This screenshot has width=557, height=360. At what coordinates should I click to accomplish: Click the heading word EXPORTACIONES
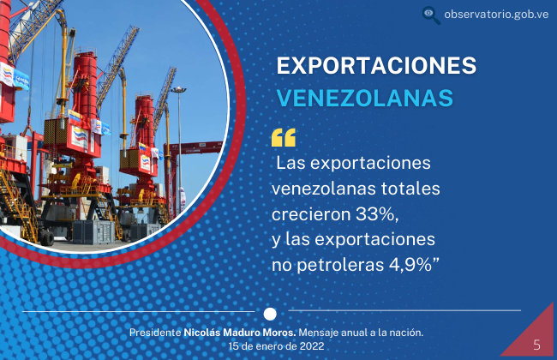[376, 65]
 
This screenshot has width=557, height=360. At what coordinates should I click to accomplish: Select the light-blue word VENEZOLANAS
[365, 98]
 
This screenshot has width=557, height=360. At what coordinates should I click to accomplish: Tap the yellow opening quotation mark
[284, 137]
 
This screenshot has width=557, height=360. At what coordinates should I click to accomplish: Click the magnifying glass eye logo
[431, 15]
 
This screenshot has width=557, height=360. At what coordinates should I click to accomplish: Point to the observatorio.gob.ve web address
[496, 15]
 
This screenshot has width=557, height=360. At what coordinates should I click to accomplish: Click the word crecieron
[311, 214]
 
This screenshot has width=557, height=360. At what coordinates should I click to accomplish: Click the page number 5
[536, 345]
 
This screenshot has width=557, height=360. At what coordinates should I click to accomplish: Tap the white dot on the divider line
[270, 315]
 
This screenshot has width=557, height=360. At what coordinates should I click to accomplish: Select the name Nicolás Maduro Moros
[240, 333]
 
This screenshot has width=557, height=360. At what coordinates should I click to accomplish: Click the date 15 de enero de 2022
[276, 346]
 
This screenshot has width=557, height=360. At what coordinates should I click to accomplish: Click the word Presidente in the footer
[155, 333]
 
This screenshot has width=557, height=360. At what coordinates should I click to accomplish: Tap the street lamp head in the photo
[178, 89]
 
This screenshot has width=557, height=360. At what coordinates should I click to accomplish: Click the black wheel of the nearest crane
[47, 237]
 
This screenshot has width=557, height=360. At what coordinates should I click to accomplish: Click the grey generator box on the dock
[93, 231]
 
